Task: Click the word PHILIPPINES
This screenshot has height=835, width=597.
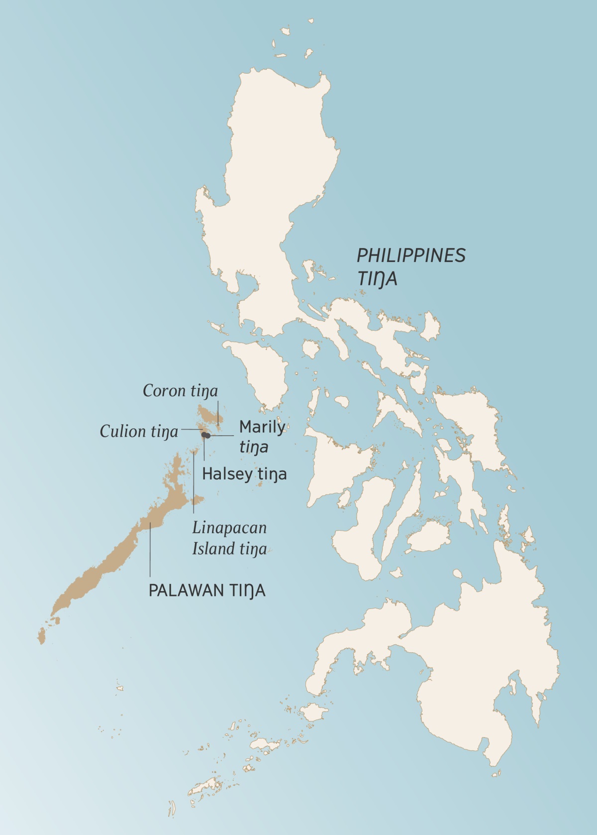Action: tap(411, 255)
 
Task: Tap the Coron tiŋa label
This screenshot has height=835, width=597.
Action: tap(180, 391)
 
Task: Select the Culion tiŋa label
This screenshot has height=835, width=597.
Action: tap(139, 431)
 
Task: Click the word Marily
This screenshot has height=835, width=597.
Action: tap(262, 427)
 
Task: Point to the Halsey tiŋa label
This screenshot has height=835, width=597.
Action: tap(244, 474)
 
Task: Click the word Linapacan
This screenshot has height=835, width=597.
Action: tap(229, 527)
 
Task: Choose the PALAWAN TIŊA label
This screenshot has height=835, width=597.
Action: tap(207, 591)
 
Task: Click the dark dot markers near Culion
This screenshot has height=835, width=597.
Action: tap(205, 436)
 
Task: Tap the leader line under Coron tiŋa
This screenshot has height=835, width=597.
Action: tap(218, 411)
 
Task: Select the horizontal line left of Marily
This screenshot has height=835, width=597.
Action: tap(222, 436)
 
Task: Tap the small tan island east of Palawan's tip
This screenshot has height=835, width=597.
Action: tap(199, 499)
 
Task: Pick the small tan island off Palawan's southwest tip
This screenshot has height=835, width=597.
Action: tap(41, 636)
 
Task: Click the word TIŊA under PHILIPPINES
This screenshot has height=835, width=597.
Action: tap(377, 279)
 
